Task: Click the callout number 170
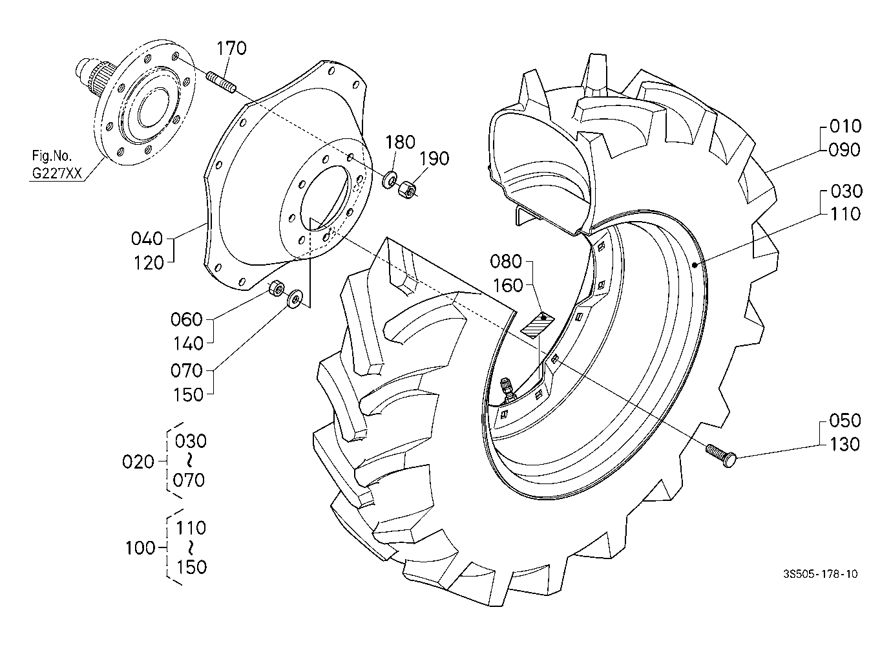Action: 231,48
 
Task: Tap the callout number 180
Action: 400,142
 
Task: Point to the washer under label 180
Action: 389,180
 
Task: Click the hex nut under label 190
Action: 406,189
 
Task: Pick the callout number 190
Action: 434,158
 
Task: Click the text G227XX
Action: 56,173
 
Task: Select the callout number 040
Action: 147,239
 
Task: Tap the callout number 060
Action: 187,319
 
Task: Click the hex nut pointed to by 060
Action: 276,288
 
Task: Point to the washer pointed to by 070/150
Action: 295,299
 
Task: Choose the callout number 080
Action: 505,261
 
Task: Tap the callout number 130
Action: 844,445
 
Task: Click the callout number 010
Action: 846,126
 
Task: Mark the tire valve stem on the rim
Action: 507,388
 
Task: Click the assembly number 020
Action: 138,462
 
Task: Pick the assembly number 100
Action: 140,548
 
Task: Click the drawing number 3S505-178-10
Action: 820,574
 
